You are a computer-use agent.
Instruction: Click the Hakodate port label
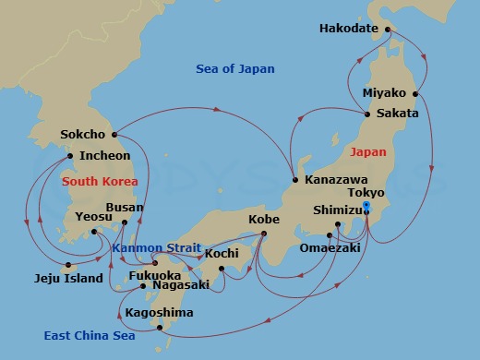pos(349,29)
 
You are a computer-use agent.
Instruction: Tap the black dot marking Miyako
pos(416,93)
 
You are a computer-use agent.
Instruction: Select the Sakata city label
pos(397,114)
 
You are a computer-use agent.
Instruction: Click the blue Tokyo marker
pos(366,206)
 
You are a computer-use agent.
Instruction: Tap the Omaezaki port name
pos(330,248)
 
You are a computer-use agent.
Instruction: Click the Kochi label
pos(222,253)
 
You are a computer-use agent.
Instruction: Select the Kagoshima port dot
pos(160,327)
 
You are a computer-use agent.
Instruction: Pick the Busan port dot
pos(126,222)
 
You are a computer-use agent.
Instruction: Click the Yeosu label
pos(93,217)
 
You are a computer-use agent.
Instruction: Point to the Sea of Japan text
pos(235,69)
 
